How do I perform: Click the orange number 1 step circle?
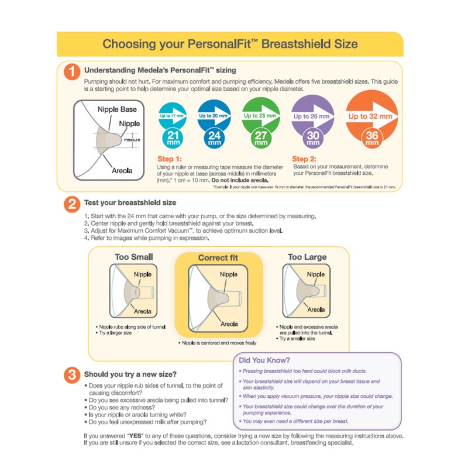click(71, 71)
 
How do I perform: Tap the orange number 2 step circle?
click(71, 204)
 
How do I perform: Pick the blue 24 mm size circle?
click(214, 138)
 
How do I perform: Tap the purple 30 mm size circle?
click(312, 138)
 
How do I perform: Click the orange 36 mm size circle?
click(371, 138)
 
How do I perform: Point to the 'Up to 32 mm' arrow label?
click(370, 116)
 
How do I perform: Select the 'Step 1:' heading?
click(170, 159)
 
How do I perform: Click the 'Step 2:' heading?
click(304, 159)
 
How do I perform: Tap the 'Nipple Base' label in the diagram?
click(116, 109)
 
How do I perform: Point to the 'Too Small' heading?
click(134, 257)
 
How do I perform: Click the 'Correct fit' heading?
click(219, 257)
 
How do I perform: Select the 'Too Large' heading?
click(307, 257)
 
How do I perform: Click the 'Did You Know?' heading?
click(264, 360)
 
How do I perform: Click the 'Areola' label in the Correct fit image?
click(229, 324)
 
